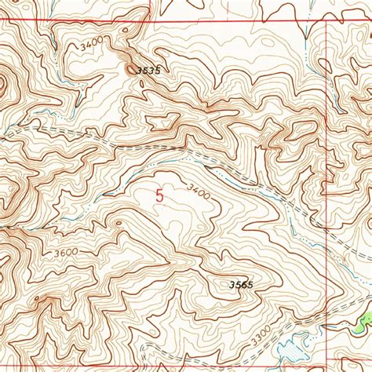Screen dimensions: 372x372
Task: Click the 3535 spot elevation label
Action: pyautogui.click(x=148, y=71)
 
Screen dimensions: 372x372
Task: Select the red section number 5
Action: pyautogui.click(x=160, y=196)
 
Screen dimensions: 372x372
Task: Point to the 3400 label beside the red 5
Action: pyautogui.click(x=200, y=191)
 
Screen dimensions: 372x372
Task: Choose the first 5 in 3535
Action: pyautogui.click(x=143, y=71)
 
